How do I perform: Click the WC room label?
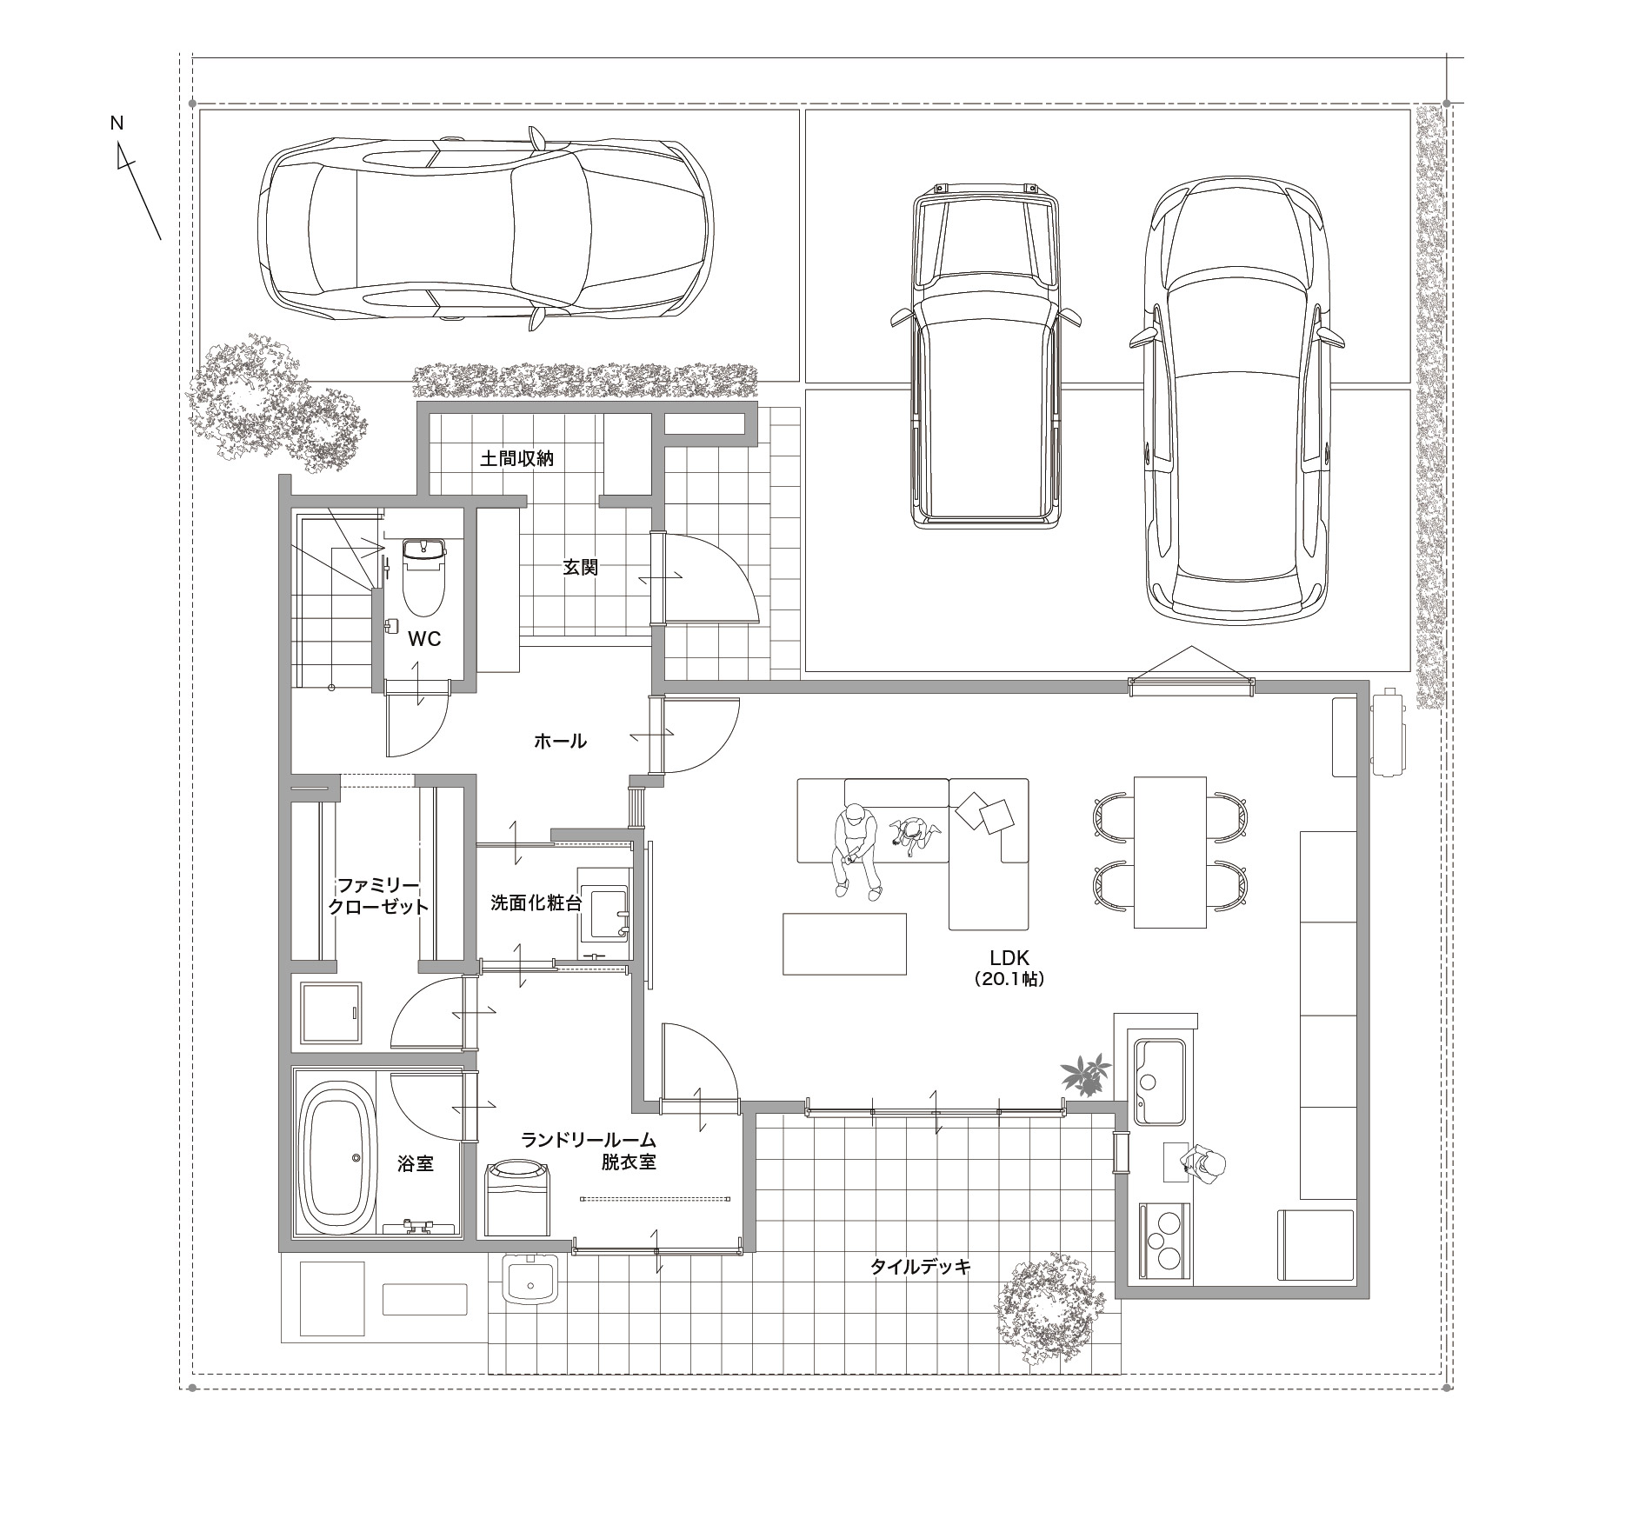click(424, 640)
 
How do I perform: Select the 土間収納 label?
click(516, 458)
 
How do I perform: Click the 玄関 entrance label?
click(580, 568)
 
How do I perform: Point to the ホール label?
click(560, 742)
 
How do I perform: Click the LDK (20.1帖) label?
click(1009, 968)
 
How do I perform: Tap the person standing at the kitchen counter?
click(1203, 1164)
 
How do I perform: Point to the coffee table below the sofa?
click(844, 943)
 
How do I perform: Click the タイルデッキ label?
click(920, 1267)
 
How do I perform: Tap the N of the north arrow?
click(117, 123)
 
